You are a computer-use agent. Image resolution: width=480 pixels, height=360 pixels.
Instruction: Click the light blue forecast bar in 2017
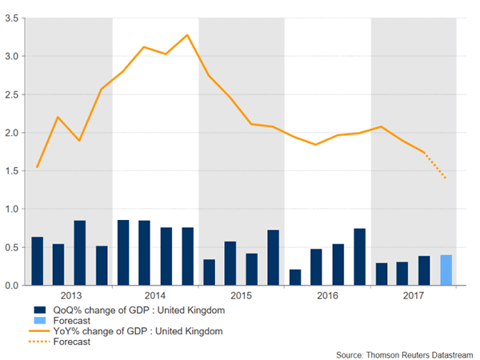[446, 270]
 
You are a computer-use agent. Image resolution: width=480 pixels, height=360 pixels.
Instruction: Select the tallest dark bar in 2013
[80, 253]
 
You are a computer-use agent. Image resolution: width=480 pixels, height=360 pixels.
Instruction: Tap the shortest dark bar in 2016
[295, 277]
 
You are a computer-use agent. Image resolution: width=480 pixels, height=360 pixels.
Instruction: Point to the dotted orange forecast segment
[435, 166]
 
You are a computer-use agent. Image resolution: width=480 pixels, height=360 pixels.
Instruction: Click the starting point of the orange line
[37, 167]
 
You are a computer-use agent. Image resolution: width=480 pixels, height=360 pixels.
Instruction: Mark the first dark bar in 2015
[209, 272]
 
